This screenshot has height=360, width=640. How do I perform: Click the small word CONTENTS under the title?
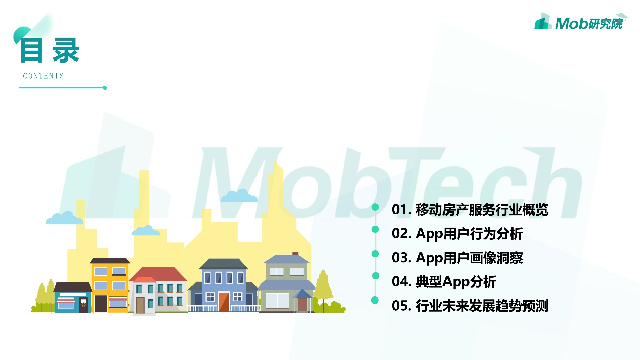click(43, 76)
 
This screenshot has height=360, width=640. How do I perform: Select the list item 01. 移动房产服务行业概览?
click(470, 210)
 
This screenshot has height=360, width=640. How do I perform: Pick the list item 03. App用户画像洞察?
click(457, 258)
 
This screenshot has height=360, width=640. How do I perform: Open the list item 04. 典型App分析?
click(444, 282)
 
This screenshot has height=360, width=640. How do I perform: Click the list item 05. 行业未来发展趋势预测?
click(470, 306)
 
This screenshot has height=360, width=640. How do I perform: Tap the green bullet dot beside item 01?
click(375, 207)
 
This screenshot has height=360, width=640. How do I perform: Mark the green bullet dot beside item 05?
click(375, 301)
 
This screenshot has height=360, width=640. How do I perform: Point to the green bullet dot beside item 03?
click(375, 254)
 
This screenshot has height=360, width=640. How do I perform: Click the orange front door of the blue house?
click(224, 302)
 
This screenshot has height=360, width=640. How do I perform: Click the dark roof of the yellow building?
click(110, 261)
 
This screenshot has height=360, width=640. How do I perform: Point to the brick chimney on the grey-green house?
click(295, 254)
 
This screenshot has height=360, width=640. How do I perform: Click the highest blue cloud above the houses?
click(239, 196)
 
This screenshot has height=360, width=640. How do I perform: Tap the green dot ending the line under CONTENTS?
click(105, 88)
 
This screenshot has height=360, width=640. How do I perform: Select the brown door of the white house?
click(140, 305)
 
